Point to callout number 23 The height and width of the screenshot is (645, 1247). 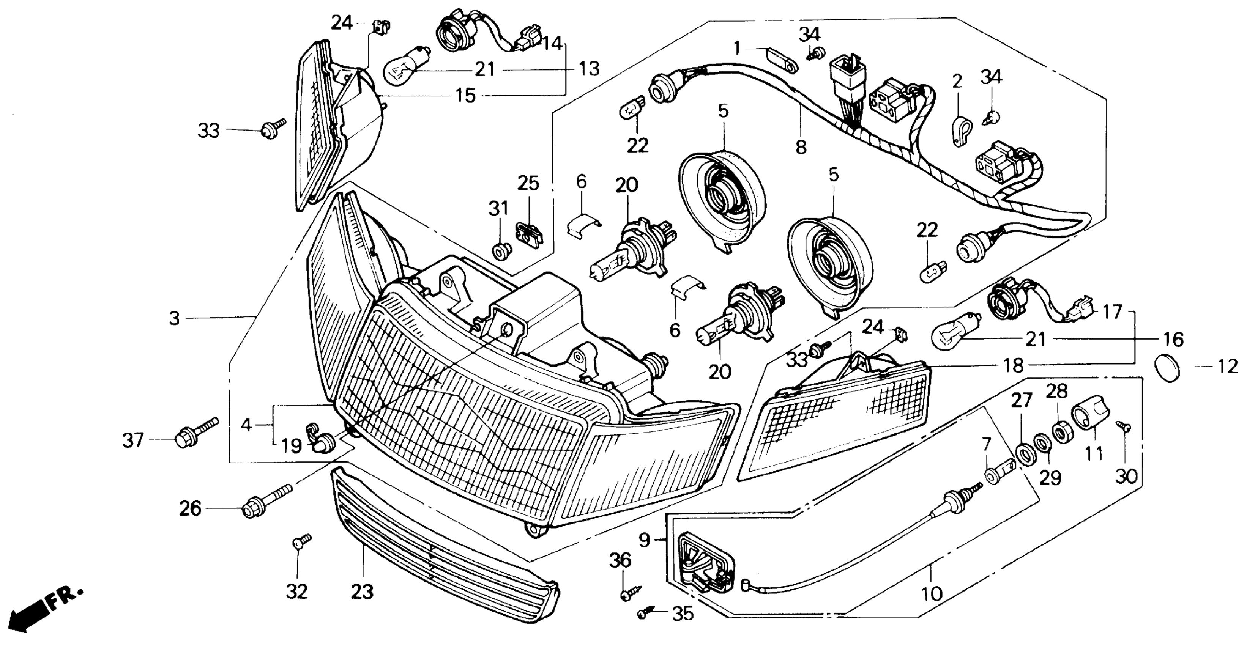click(363, 591)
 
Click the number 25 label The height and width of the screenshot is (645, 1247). click(528, 184)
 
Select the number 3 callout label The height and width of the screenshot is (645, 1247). click(174, 318)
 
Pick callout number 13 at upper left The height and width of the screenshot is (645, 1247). click(589, 69)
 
